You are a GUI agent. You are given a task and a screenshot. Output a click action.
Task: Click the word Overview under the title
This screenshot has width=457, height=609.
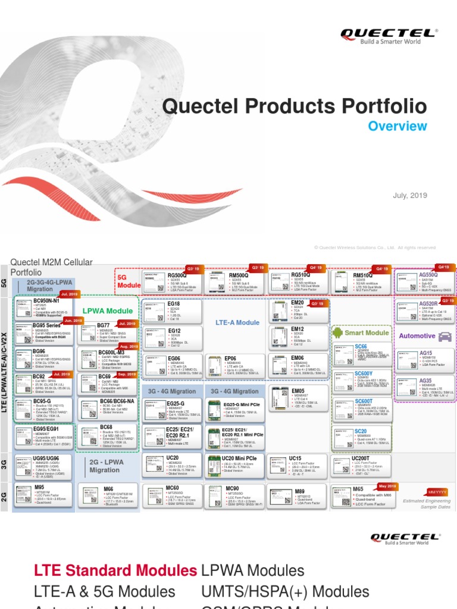pyautogui.click(x=397, y=126)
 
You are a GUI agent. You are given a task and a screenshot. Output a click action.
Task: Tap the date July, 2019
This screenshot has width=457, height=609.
pyautogui.click(x=410, y=196)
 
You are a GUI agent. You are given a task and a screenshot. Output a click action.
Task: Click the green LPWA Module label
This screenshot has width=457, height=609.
pyautogui.click(x=108, y=310)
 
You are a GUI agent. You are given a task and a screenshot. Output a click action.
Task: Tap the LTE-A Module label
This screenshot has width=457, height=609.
pyautogui.click(x=237, y=322)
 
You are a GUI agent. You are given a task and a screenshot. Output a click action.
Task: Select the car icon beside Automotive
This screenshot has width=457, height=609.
pyautogui.click(x=444, y=336)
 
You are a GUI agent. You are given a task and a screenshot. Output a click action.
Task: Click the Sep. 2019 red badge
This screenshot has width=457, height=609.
pyautogui.click(x=127, y=375)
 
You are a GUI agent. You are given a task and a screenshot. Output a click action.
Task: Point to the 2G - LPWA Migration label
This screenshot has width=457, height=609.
pyautogui.click(x=105, y=466)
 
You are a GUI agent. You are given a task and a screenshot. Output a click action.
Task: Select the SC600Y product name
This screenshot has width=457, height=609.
pyautogui.click(x=364, y=373)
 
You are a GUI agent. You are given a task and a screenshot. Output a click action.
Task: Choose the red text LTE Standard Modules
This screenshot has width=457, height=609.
pyautogui.click(x=115, y=571)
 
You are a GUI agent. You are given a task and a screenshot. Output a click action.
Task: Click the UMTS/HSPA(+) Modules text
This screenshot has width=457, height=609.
pyautogui.click(x=286, y=592)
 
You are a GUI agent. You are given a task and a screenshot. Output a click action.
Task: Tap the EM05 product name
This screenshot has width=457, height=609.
pyautogui.click(x=298, y=391)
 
